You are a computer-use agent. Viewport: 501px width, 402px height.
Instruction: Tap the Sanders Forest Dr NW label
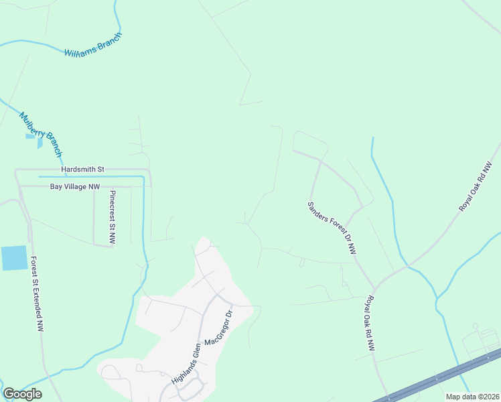coord(331,228)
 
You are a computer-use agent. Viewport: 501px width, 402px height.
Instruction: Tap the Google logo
coord(22,394)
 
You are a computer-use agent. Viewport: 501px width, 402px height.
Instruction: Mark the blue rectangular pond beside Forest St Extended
coord(14,258)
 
